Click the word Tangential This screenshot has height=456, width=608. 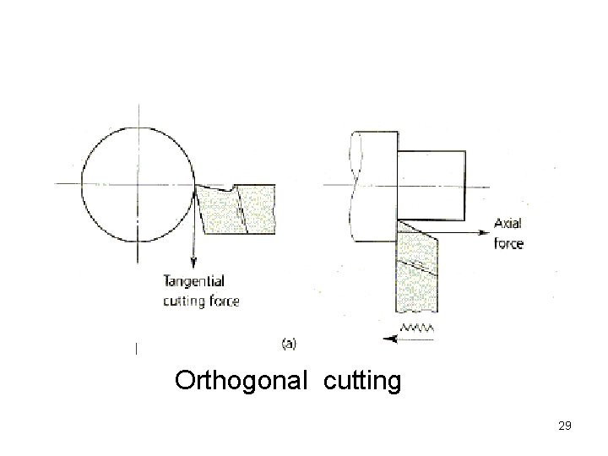193,282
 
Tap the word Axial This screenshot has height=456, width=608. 508,224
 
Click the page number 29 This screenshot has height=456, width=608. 565,426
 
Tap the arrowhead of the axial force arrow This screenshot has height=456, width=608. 485,232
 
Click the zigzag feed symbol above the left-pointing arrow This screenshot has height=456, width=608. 417,326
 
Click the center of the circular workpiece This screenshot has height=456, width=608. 138,183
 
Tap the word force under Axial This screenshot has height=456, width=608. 508,244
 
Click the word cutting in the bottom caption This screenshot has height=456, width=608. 361,381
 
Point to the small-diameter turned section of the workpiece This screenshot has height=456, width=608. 431,183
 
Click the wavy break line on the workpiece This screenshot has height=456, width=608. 352,186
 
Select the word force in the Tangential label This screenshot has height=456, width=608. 223,301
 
